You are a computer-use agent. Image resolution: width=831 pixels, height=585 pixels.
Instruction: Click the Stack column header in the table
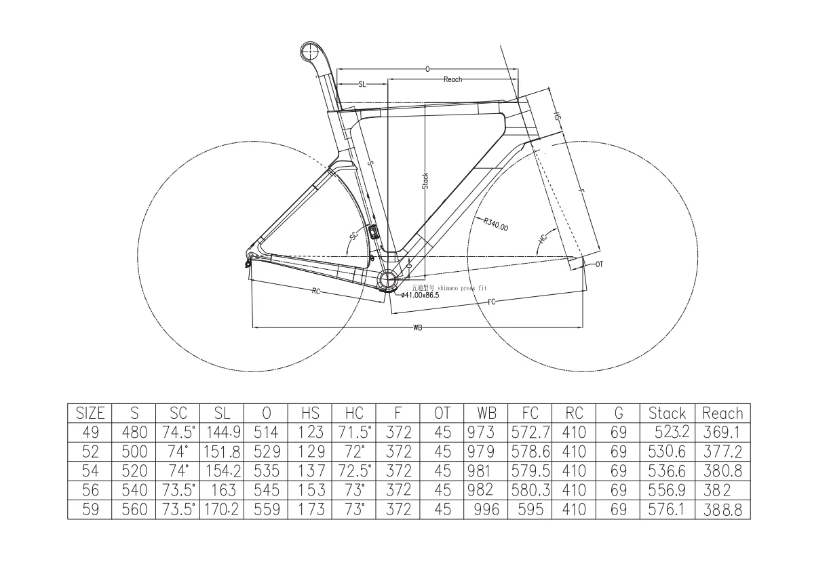click(667, 413)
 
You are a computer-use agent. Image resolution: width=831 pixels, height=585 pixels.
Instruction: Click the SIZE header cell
click(90, 413)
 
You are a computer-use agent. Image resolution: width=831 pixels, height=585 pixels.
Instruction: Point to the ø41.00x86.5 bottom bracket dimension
click(420, 295)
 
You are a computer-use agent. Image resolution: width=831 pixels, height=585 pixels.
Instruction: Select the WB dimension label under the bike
click(418, 328)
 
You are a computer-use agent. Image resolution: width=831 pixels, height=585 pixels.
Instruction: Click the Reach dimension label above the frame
click(452, 79)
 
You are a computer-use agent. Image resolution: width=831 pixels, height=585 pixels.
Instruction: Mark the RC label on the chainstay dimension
click(316, 291)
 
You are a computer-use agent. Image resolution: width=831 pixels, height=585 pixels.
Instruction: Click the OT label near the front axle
click(598, 264)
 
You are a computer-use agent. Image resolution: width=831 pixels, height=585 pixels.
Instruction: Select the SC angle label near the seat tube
click(353, 236)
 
